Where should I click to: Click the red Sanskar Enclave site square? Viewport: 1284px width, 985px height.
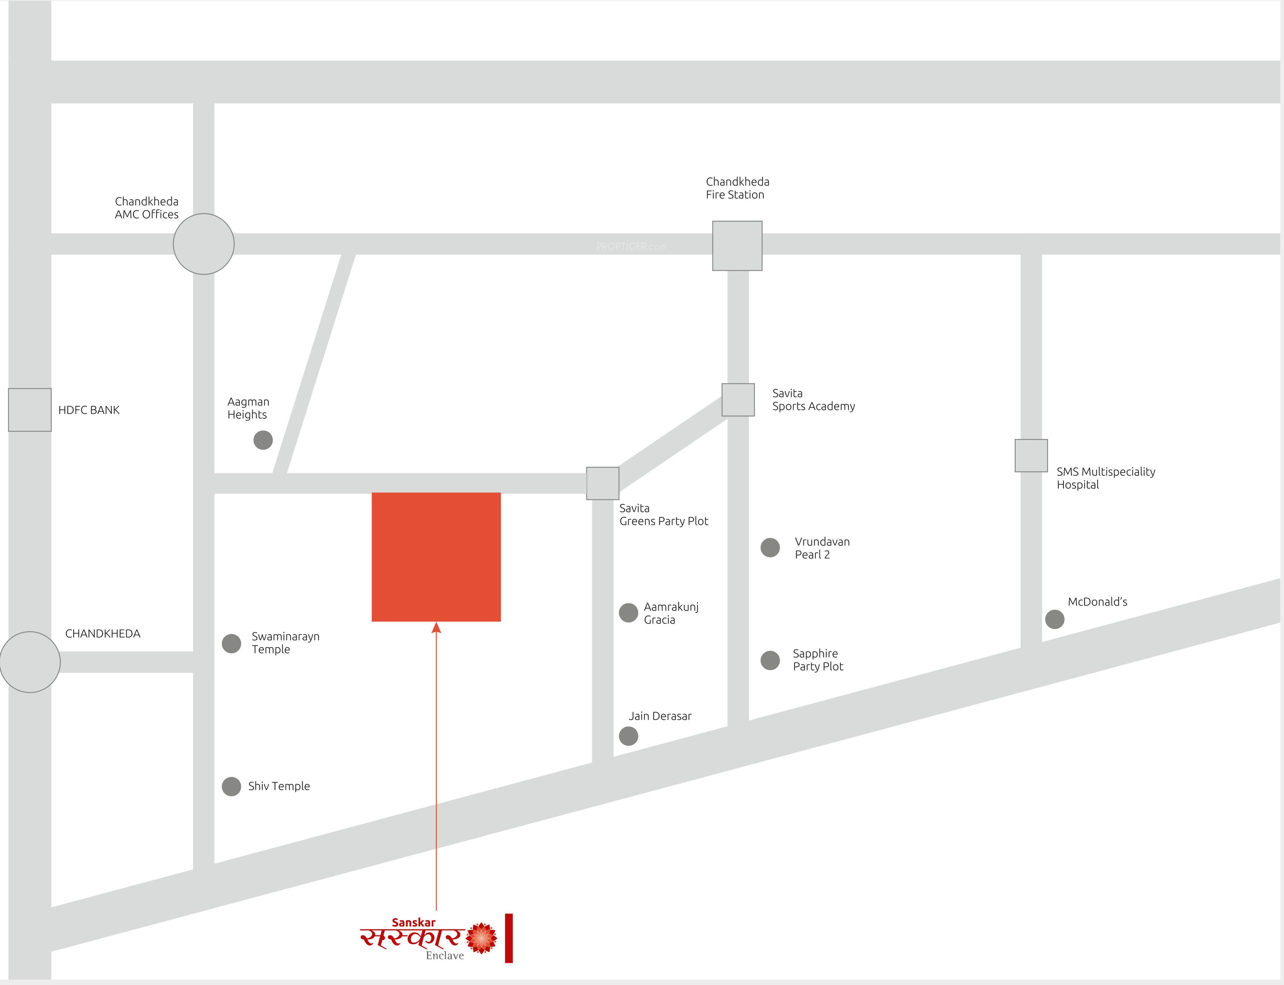pos(436,557)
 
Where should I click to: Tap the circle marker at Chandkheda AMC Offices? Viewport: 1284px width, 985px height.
pos(204,244)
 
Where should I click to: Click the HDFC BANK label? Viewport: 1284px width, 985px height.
pos(89,410)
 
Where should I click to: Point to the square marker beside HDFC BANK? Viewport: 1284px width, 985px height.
pos(30,410)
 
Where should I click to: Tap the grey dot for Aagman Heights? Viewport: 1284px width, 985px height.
pos(263,440)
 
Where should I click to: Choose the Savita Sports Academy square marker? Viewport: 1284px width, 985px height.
pos(738,400)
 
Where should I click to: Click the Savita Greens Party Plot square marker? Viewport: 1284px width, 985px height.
pos(603,483)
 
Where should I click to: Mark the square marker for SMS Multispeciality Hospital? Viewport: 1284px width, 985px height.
pos(1031,456)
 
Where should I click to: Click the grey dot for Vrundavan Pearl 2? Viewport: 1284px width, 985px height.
pos(770,547)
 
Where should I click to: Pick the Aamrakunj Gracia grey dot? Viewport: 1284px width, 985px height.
pos(628,613)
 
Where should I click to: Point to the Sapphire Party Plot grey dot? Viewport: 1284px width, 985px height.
pos(770,660)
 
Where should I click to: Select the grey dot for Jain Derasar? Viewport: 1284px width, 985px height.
pos(628,736)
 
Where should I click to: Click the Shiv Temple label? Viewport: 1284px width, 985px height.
pos(279,786)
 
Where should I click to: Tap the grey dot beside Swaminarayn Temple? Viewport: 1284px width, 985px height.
pos(231,643)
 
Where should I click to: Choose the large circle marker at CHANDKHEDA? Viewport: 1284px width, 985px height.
pos(30,662)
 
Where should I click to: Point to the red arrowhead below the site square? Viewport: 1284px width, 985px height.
pos(436,628)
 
